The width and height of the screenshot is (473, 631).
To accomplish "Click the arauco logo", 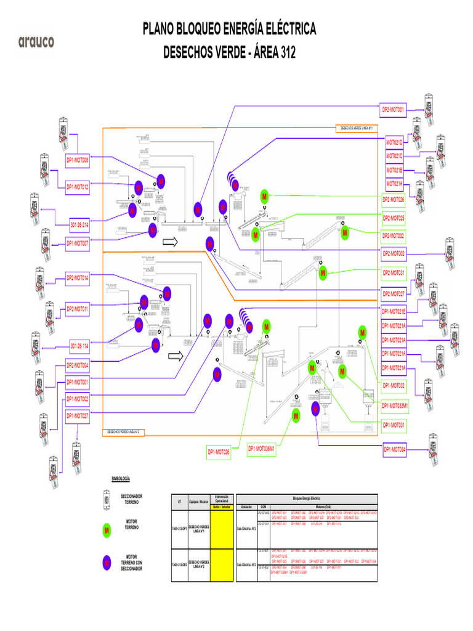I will tap(36, 42).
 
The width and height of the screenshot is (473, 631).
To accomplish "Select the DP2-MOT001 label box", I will tap(393, 110).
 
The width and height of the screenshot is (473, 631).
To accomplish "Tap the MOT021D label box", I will tap(394, 142).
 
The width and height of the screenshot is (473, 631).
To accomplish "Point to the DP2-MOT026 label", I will tap(393, 200).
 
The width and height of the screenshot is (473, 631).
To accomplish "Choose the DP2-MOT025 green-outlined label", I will tap(393, 218).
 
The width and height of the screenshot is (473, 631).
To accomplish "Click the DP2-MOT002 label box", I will tap(393, 253).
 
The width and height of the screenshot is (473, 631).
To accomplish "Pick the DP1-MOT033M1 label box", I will tap(395, 405).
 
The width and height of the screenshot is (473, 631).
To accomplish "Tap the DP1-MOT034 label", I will tap(394, 450).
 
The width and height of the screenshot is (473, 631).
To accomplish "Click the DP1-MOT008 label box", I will tap(78, 160).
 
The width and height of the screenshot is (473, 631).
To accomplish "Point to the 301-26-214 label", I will tap(79, 226).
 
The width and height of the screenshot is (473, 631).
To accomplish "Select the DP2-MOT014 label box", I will tap(78, 278).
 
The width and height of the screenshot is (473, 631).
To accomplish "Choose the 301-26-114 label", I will tap(79, 345).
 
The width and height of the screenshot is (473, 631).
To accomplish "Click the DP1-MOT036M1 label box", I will tap(261, 449).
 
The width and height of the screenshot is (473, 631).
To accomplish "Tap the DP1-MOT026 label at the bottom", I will tap(218, 453).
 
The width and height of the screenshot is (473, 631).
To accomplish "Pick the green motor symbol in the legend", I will tap(107, 530).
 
